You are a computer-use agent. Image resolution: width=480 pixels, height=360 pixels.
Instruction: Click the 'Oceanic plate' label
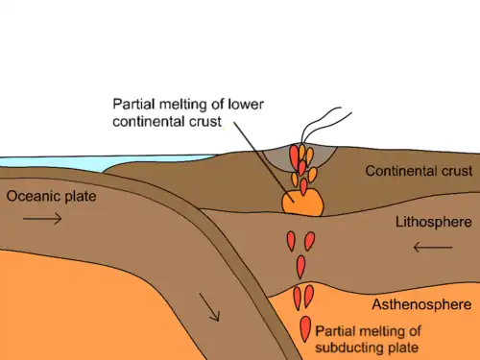(x=51, y=197)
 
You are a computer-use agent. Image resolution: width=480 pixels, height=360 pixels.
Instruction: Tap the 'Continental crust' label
(x=419, y=171)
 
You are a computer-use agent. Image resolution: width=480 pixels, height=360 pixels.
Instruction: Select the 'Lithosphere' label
(x=434, y=222)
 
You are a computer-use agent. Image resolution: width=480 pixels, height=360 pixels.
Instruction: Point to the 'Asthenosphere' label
(x=421, y=304)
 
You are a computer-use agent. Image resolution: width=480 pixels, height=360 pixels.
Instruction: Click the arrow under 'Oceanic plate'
(x=42, y=219)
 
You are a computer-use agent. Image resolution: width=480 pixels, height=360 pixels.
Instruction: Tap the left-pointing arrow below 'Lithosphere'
(x=433, y=247)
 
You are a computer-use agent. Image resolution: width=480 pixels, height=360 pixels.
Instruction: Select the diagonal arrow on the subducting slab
(x=209, y=307)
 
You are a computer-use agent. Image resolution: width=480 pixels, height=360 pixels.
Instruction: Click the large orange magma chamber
(x=302, y=203)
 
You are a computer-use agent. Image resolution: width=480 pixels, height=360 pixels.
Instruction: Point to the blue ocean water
(x=96, y=163)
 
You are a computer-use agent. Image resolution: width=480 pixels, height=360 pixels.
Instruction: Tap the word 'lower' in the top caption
(x=246, y=105)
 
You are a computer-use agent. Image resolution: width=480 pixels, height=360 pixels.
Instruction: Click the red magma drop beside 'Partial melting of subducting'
(x=305, y=329)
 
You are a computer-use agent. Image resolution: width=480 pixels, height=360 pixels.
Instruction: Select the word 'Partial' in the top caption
(x=134, y=105)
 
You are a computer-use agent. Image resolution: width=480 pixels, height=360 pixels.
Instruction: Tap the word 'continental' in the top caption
(x=149, y=122)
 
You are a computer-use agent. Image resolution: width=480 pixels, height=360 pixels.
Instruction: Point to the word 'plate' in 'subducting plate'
(x=403, y=348)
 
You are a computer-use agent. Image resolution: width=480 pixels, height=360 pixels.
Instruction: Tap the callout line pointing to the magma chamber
(x=264, y=162)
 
